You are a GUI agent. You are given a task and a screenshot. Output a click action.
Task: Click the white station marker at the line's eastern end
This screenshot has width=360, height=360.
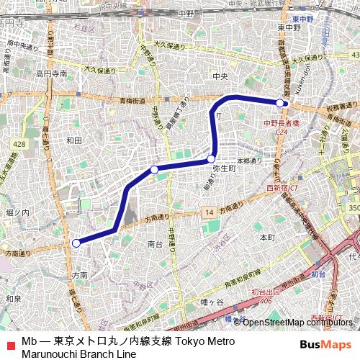[280, 103]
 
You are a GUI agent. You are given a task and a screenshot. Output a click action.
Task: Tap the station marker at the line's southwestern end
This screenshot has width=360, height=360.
[76, 243]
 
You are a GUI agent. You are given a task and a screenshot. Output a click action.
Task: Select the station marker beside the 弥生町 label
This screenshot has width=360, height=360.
[211, 159]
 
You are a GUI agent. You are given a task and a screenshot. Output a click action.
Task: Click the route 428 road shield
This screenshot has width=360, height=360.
[19, 145]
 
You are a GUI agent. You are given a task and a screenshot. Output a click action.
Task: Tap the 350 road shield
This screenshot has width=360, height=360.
[354, 207]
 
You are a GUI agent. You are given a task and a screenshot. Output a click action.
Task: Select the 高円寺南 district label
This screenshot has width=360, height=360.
[53, 73]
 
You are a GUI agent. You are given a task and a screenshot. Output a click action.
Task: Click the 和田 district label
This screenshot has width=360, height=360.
[73, 141]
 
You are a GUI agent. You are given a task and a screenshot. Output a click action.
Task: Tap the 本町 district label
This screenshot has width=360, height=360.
[267, 237]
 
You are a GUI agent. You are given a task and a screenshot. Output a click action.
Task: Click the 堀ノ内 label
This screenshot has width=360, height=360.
[17, 213]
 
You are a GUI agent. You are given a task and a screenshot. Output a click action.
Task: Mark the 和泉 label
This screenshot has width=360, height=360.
[12, 298]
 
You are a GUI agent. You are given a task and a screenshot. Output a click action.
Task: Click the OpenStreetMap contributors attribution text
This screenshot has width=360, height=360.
[298, 322]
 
